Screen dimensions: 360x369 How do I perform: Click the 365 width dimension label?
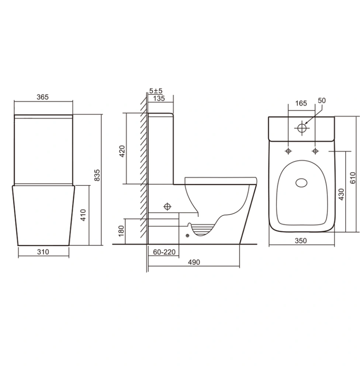click(42, 97)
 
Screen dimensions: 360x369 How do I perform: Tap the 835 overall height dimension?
click(97, 175)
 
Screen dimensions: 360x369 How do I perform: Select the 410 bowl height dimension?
click(83, 215)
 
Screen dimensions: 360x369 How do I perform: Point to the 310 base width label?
click(43, 252)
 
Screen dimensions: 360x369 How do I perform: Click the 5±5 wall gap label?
click(156, 91)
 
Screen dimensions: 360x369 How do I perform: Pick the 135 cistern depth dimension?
click(159, 99)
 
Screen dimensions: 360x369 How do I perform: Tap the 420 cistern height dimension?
click(122, 151)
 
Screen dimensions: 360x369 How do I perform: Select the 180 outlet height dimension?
click(121, 231)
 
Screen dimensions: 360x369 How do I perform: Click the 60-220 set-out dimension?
click(164, 252)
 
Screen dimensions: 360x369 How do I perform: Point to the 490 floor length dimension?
click(194, 262)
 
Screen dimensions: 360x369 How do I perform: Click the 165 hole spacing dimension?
click(301, 103)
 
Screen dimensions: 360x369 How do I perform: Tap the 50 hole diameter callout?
click(322, 100)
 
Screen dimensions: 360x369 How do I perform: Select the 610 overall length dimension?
click(353, 178)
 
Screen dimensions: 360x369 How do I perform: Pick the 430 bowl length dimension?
click(342, 194)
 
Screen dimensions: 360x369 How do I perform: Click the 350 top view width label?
click(301, 241)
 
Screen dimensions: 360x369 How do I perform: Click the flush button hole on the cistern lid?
click(302, 128)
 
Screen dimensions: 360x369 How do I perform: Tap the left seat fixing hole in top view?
click(288, 151)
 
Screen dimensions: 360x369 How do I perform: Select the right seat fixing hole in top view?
click(315, 151)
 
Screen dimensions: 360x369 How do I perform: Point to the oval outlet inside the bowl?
click(301, 183)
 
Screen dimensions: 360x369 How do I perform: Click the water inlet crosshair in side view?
click(167, 207)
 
